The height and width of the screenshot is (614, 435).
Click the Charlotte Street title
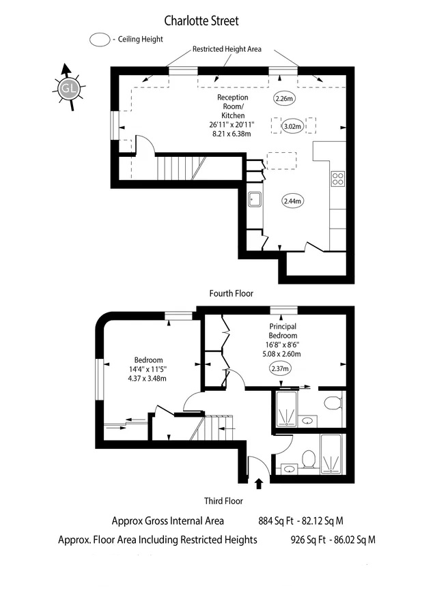(x=201, y=20)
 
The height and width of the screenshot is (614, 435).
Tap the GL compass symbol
(x=68, y=88)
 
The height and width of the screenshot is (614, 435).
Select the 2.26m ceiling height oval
(x=284, y=99)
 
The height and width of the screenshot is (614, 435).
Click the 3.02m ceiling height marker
(x=293, y=126)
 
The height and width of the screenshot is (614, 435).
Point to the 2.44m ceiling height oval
(x=292, y=201)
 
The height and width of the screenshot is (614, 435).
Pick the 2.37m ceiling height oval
(x=280, y=368)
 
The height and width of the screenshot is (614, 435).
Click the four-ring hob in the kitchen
(x=338, y=179)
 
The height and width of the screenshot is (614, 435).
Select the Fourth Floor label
(x=231, y=293)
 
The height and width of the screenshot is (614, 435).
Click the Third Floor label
(x=223, y=501)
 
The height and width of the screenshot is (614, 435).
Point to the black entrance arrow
(x=259, y=484)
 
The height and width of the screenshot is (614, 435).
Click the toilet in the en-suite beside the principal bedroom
(x=333, y=403)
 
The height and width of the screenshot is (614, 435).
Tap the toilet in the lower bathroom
(x=309, y=459)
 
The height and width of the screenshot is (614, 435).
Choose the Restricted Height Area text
(x=227, y=49)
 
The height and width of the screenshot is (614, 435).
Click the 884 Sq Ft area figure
(x=276, y=521)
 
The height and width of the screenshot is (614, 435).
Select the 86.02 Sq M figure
(x=354, y=540)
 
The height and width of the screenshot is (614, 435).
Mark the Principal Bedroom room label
(x=283, y=331)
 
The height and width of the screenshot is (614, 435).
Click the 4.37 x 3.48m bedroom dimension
(x=148, y=379)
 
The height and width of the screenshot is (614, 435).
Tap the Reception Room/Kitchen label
(x=233, y=106)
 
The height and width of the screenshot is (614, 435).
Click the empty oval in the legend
(x=100, y=40)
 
